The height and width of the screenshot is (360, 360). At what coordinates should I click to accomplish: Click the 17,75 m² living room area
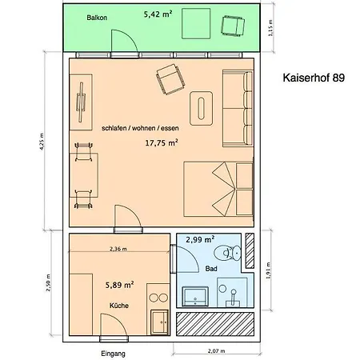(161, 144)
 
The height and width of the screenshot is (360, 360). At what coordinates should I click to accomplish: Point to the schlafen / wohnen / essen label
(139, 128)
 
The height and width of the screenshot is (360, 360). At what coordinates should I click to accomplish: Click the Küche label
(119, 306)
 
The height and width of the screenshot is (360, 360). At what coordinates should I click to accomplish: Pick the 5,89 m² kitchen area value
(119, 284)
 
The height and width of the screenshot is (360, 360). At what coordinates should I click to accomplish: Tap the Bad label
(211, 269)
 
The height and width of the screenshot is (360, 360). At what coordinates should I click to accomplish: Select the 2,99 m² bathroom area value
(200, 239)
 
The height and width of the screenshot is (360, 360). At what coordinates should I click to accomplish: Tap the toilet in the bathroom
(232, 255)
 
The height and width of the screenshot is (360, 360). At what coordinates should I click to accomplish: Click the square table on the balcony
(198, 24)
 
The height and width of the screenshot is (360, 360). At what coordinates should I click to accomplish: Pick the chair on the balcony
(232, 27)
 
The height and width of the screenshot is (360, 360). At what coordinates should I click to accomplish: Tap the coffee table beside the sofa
(201, 107)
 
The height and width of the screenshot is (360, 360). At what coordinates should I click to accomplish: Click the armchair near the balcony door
(170, 78)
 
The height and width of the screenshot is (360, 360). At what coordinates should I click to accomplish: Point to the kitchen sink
(157, 298)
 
